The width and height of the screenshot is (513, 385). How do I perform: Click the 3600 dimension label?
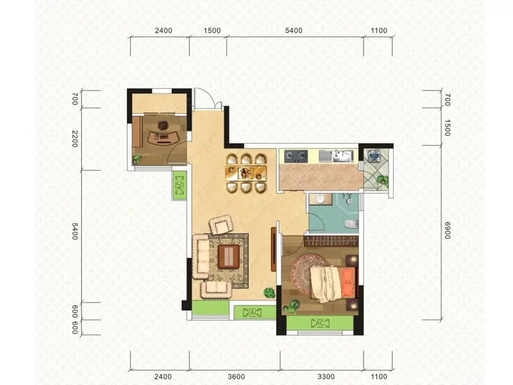coord(236,377)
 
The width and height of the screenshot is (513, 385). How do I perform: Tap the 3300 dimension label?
coord(326,377)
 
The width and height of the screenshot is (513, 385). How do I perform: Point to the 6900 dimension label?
coord(447,230)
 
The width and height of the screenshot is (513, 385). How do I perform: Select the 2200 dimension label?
coord(75,139)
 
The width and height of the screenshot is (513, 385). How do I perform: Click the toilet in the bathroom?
coord(351,224)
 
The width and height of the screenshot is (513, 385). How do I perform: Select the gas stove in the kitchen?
coord(296,157)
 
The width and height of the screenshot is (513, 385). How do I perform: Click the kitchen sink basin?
coord(342,156)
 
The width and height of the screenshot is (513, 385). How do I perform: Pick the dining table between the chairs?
coord(246,173)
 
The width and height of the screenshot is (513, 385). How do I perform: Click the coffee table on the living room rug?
coord(229,257)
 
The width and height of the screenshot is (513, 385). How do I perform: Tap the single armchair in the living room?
coord(221,225)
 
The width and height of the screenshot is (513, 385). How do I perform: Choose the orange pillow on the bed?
coord(348,280)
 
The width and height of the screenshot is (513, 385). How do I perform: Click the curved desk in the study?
coord(163,137)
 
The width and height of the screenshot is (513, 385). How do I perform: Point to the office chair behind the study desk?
coord(163,125)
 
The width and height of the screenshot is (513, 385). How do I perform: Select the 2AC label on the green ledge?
coord(252,313)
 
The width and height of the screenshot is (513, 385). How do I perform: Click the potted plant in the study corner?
coord(137,159)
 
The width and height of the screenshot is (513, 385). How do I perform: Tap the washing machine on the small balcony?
coord(373,155)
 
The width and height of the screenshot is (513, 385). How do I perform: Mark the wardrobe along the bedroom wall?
coord(331,242)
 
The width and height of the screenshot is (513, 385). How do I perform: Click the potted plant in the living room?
coord(269,293)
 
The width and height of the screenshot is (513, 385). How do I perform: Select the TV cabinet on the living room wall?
coord(274,249)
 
